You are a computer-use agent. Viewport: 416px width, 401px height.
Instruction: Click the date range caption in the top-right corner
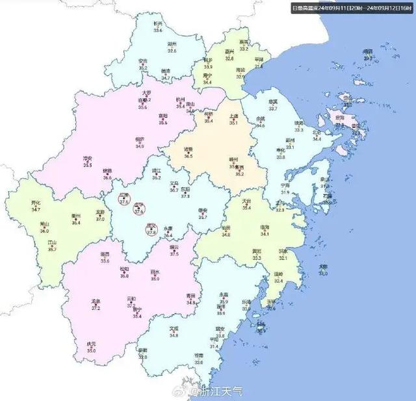[350, 8]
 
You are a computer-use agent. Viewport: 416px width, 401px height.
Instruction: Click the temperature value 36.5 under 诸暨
[188, 157]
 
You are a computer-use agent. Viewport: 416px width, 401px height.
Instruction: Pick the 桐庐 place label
[140, 138]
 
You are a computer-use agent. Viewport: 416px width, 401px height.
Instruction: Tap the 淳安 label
[87, 158]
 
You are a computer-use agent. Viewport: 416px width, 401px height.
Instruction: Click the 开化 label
[36, 203]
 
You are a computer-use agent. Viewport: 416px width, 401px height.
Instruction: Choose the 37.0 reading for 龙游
[100, 219]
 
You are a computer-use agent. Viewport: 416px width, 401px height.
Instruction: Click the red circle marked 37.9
[124, 200]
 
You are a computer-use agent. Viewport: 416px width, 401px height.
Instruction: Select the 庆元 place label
[91, 344]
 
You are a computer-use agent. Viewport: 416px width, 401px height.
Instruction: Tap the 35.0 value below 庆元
[91, 351]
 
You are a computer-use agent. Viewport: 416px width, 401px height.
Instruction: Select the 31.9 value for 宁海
[285, 192]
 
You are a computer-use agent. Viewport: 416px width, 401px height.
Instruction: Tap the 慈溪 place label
[273, 101]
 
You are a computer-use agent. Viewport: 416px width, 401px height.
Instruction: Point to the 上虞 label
[235, 116]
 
